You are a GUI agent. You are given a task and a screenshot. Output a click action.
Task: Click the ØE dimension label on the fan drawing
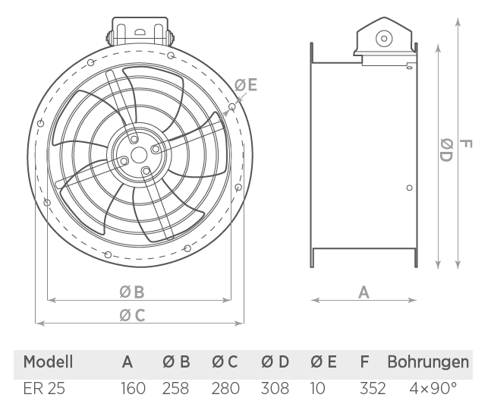click(x=246, y=85)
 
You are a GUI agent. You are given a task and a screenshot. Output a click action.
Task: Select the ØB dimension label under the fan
click(x=132, y=292)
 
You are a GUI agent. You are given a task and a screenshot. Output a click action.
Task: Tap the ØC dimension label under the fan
click(x=133, y=315)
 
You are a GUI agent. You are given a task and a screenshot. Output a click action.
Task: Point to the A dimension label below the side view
click(x=364, y=292)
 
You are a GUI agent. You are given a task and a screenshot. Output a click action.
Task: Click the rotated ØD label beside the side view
click(x=446, y=150)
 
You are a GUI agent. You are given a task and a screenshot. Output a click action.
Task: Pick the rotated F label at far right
click(x=465, y=144)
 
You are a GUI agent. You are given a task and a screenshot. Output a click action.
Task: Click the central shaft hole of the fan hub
click(x=139, y=155)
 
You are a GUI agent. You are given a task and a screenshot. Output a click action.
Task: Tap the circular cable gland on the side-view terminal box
click(x=384, y=39)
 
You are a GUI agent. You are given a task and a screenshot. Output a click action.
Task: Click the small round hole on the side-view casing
click(x=409, y=188)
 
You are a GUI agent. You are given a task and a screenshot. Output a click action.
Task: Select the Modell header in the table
click(x=48, y=361)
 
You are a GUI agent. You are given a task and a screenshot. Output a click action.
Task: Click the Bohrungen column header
click(x=428, y=361)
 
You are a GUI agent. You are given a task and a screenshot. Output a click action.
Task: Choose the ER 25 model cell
click(x=44, y=388)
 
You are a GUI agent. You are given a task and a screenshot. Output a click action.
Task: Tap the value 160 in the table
click(x=134, y=388)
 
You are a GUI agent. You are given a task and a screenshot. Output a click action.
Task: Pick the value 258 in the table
click(x=175, y=388)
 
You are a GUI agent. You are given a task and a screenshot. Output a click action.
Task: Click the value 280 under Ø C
click(x=225, y=388)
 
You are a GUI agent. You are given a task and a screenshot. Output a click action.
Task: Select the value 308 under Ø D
click(x=275, y=388)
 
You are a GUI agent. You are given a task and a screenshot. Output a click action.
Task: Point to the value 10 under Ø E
click(x=318, y=388)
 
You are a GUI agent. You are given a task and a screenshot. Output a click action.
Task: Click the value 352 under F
click(x=373, y=388)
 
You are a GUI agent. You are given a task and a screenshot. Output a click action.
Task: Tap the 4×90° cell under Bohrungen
click(x=433, y=388)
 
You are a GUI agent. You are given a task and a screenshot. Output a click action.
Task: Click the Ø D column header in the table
click(x=275, y=361)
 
